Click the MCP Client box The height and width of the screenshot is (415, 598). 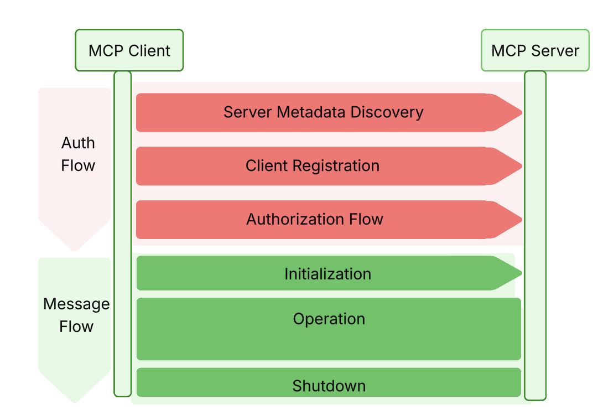click(129, 50)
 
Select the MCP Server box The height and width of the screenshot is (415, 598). click(534, 50)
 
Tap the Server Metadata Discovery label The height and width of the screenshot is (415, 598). click(323, 112)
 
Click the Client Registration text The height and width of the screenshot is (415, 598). click(313, 165)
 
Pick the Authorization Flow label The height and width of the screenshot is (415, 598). click(314, 219)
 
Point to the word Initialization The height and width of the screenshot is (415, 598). click(327, 274)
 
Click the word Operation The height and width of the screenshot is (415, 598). click(329, 319)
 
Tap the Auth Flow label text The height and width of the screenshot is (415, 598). click(78, 154)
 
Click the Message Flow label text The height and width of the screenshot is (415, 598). click(76, 315)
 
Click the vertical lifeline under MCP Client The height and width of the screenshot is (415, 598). click(122, 232)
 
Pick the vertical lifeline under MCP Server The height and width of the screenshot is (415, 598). click(534, 232)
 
